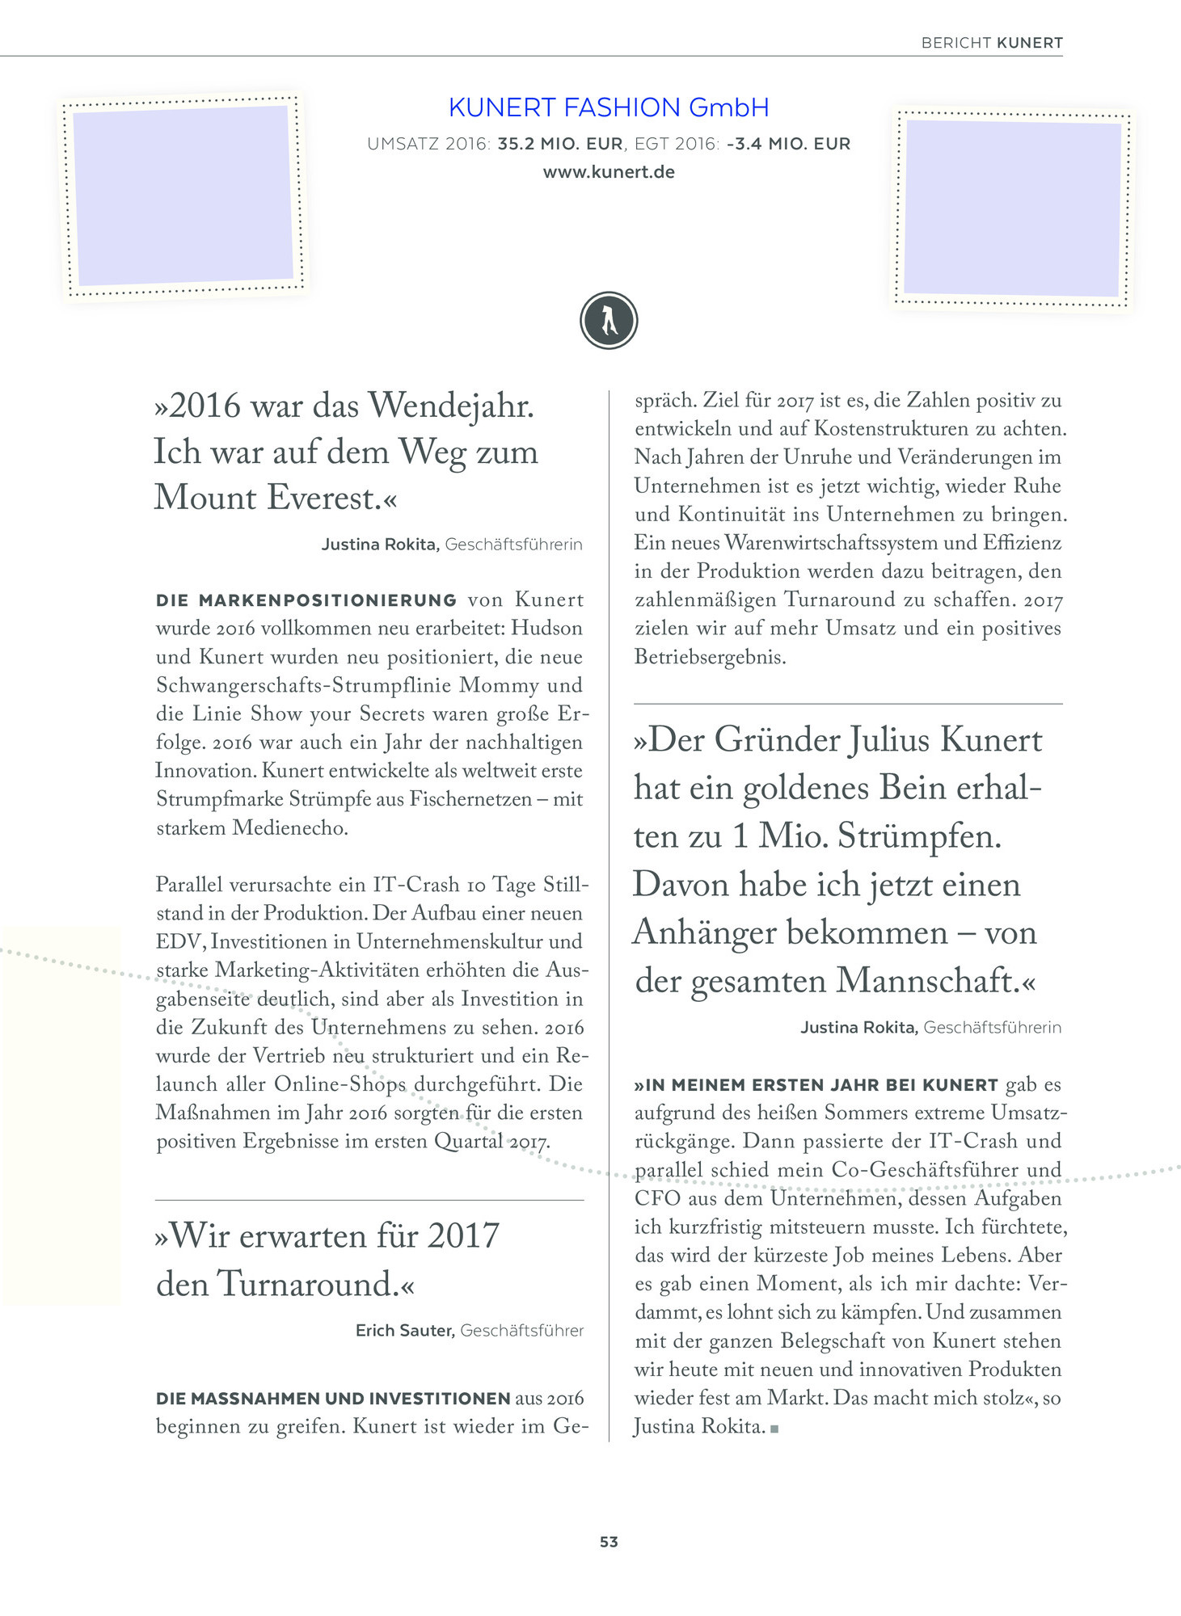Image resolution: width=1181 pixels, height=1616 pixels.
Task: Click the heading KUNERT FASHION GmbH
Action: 608,107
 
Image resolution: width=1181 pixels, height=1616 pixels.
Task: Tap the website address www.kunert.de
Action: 608,172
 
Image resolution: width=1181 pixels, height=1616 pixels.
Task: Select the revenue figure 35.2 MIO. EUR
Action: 560,145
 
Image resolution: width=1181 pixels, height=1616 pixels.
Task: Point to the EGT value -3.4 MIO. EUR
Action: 788,145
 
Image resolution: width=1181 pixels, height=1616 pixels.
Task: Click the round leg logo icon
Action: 609,321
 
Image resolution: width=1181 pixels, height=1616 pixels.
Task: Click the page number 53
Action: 609,1542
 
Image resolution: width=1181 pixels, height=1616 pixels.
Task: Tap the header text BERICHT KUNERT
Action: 991,43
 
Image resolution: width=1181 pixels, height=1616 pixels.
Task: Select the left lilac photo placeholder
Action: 183,196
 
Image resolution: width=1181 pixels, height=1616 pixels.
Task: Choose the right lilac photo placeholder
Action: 1012,208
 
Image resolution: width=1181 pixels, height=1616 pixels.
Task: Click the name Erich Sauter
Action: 405,1331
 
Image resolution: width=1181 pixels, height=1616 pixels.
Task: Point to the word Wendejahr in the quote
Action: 451,406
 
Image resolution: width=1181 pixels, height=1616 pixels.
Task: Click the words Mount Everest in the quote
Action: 267,498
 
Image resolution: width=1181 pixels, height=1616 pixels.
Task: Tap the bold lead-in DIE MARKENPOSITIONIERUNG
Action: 306,600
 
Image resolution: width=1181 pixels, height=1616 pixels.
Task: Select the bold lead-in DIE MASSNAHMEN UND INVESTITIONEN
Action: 333,1399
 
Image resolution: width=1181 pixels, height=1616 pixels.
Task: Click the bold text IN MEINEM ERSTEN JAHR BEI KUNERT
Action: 816,1085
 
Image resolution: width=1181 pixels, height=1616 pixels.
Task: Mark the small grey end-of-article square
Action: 774,1429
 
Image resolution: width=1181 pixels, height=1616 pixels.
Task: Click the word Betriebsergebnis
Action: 710,657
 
